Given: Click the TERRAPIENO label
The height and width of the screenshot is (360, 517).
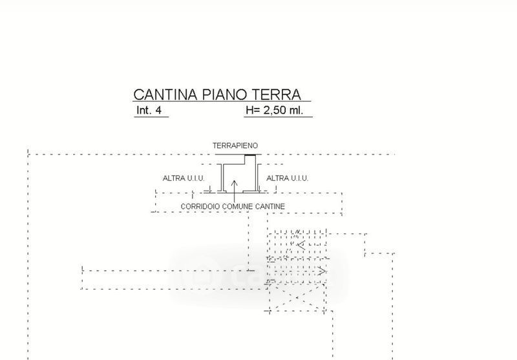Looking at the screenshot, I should pyautogui.click(x=235, y=146).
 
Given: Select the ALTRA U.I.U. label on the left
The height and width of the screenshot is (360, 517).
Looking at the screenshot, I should pyautogui.click(x=184, y=178).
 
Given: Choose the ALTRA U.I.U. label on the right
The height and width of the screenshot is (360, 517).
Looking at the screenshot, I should pyautogui.click(x=287, y=178).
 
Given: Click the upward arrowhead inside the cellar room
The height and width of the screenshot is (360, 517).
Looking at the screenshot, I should pyautogui.click(x=235, y=182).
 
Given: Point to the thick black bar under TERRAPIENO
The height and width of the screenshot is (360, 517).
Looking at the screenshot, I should pyautogui.click(x=249, y=155).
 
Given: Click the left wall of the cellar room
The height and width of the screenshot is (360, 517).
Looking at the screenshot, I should pyautogui.click(x=221, y=178).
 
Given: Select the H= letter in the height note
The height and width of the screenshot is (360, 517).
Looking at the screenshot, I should pyautogui.click(x=252, y=111).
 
